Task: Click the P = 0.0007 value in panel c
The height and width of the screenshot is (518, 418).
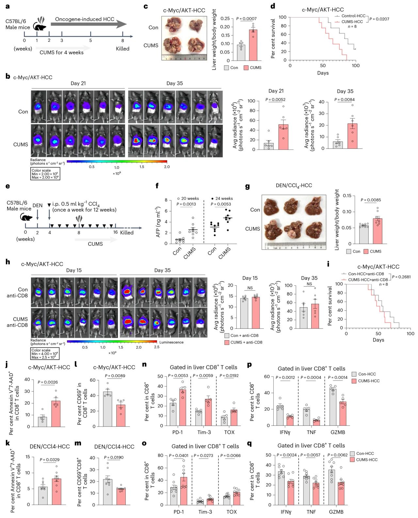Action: click(246, 19)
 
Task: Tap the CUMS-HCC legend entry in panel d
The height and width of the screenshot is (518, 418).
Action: click(352, 22)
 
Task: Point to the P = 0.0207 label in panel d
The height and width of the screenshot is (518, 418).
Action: click(379, 19)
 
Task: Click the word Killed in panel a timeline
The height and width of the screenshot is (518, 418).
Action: click(123, 49)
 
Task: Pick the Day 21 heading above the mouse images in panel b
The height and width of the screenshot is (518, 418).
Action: click(78, 83)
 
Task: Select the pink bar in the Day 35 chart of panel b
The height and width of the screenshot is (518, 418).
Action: click(352, 136)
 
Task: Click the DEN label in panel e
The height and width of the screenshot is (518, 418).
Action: click(38, 206)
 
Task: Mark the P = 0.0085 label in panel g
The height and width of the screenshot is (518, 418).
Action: click(371, 200)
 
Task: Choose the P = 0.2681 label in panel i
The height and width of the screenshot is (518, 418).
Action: click(401, 277)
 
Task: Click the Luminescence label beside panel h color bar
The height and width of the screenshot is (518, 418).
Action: click(171, 342)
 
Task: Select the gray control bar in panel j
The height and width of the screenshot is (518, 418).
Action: click(42, 422)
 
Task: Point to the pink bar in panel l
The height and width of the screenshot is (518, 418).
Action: click(121, 415)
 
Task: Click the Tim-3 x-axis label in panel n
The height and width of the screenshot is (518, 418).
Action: click(204, 432)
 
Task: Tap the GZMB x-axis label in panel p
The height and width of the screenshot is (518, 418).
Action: click(337, 432)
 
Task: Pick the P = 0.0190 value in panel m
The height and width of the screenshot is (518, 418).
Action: click(114, 457)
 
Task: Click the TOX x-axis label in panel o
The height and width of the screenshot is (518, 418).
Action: click(232, 511)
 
